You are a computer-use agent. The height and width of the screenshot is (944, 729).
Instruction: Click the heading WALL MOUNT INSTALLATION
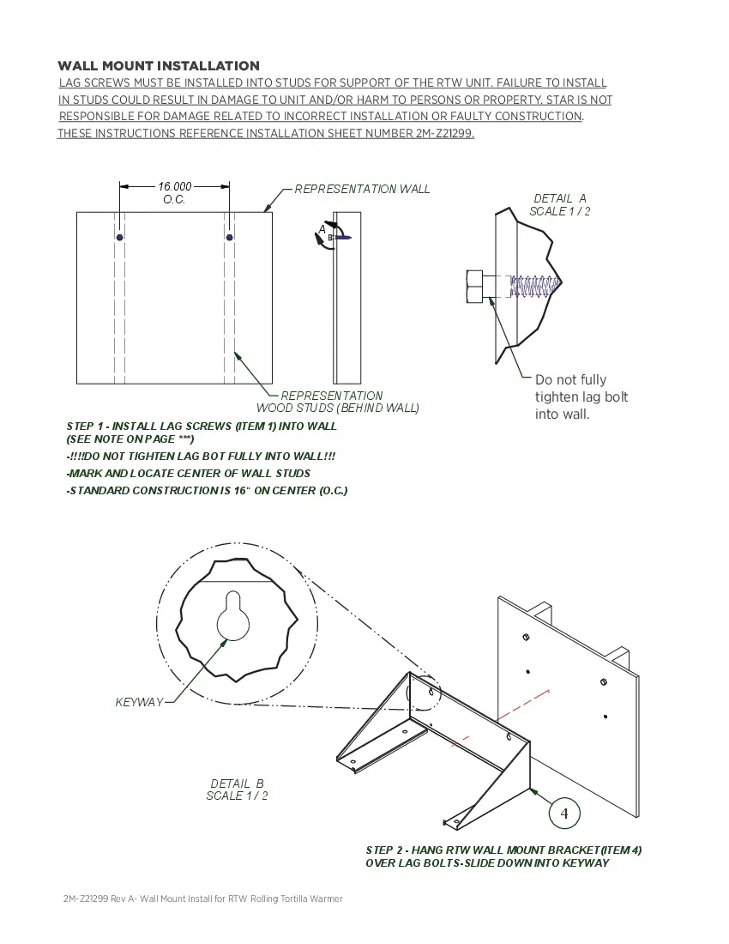coord(159,66)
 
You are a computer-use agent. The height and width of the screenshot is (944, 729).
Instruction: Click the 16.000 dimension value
coord(174,186)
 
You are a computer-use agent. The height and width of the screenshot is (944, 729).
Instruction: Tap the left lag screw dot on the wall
coord(120,237)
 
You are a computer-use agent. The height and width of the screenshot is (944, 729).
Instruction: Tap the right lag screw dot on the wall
coord(230,237)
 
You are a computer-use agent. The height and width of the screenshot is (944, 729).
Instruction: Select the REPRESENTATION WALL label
coord(362,189)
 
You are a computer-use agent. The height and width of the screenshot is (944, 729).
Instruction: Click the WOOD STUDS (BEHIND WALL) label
coord(337,408)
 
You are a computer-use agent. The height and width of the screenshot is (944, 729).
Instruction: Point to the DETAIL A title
coord(559,198)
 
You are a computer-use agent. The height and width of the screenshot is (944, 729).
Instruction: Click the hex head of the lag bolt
coord(474,286)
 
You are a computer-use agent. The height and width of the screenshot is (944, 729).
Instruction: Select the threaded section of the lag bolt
coord(532,286)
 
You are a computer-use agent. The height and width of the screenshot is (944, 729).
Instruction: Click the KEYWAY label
coord(139,702)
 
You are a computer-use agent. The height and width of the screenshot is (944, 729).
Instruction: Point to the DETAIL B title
coord(237,784)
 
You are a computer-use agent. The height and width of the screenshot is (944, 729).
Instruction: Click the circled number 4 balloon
coord(564,813)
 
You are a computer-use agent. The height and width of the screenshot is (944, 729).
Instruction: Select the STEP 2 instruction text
coord(503,856)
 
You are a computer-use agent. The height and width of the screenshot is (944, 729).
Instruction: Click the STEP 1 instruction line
coord(202,427)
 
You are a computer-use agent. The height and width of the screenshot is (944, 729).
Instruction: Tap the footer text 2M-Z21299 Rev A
coord(94,899)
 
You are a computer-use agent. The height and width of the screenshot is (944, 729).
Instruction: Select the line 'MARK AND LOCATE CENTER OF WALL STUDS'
coord(189,473)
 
